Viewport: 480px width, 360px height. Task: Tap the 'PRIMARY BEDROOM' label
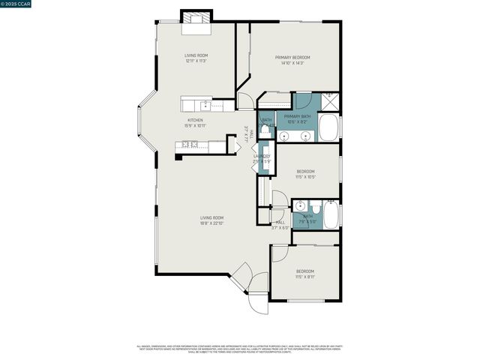click(292, 57)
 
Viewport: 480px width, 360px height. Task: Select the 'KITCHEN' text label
click(195, 120)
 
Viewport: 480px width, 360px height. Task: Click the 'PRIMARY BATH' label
click(298, 116)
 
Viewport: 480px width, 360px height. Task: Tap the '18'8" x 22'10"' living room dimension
click(211, 223)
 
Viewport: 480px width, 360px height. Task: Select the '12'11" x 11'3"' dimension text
click(195, 61)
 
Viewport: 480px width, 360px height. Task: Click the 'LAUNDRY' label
click(261, 156)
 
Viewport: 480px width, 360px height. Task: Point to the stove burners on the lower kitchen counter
click(193, 144)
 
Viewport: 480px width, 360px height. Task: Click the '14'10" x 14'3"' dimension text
click(292, 63)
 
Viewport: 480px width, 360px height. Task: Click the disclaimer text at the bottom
click(240, 349)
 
